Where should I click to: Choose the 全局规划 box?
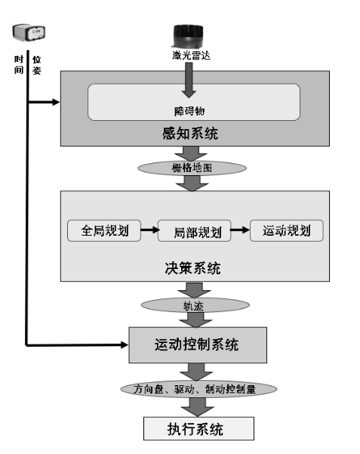(104, 230)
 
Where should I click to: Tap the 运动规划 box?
(286, 230)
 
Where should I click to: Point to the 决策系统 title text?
(194, 269)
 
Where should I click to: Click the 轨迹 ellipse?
(194, 306)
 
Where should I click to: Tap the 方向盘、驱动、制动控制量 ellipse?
(199, 389)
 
